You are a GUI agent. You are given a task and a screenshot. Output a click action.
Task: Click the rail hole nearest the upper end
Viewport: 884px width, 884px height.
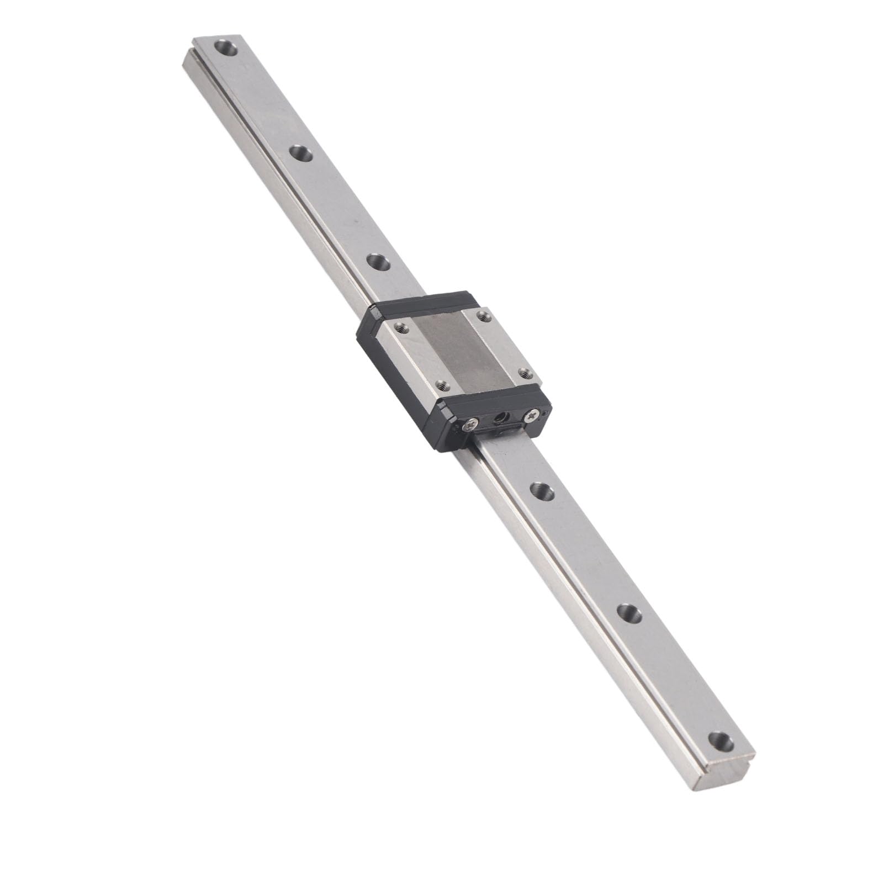(x=226, y=48)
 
